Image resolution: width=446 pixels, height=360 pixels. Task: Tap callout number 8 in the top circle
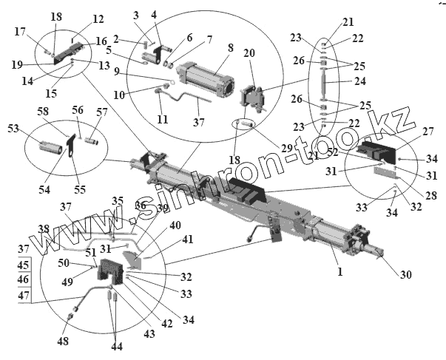[x=230, y=47]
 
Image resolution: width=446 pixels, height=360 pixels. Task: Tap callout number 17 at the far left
[x=20, y=31]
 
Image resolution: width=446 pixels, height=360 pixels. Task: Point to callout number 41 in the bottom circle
[x=187, y=239]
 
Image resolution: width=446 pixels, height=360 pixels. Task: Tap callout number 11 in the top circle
[x=163, y=119]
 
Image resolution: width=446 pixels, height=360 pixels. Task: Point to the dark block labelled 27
[x=374, y=152]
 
